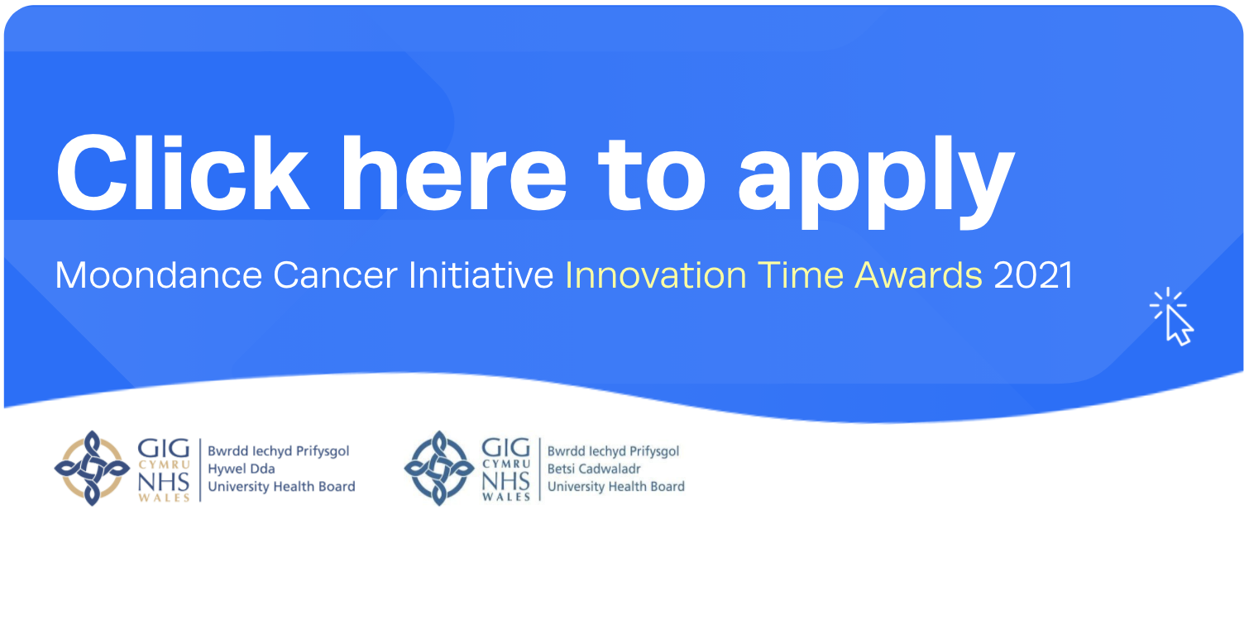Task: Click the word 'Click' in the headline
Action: [182, 173]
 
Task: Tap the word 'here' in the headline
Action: [454, 173]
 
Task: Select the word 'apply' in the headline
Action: [877, 181]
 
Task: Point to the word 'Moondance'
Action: [158, 275]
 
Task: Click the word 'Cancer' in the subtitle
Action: [335, 275]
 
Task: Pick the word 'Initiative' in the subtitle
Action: [481, 275]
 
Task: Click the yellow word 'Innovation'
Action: [656, 275]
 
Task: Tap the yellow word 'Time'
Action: [801, 275]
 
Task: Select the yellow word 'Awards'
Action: [918, 275]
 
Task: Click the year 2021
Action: [1033, 275]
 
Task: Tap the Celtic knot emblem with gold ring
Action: [92, 468]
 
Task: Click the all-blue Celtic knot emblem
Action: [439, 468]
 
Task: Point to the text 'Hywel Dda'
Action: [242, 469]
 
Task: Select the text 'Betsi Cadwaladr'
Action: [594, 469]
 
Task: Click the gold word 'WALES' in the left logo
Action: [164, 498]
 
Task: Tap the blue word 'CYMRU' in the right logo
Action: [506, 464]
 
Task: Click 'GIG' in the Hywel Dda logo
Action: [164, 449]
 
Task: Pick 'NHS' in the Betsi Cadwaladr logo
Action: [505, 480]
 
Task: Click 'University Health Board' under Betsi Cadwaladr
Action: [616, 487]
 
